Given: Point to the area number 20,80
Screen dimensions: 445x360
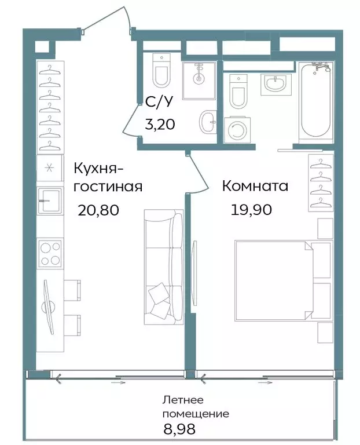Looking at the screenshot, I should click(x=98, y=210).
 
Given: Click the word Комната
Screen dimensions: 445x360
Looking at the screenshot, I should click(x=255, y=187).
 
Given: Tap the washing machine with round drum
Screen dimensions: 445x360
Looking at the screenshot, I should click(x=237, y=129).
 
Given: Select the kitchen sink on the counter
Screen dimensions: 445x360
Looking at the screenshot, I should click(x=50, y=200).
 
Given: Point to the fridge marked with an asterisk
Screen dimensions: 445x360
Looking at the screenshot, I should click(x=50, y=169).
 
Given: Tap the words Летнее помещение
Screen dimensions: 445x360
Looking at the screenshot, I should click(x=195, y=407).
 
